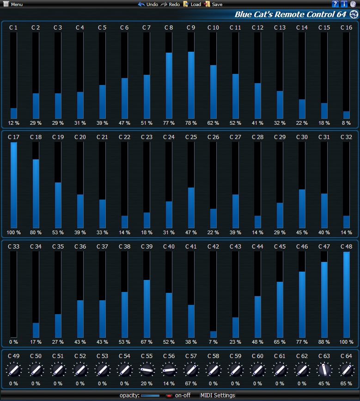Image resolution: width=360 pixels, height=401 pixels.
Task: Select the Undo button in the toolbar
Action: [x=148, y=4]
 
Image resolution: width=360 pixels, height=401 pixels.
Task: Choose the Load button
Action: [x=192, y=4]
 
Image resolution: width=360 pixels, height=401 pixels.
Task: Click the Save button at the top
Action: [x=214, y=4]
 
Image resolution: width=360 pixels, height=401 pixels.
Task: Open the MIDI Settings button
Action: [x=218, y=395]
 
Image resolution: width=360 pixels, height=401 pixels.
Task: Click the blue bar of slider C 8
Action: [x=169, y=85]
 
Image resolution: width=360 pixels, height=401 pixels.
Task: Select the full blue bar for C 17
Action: [x=13, y=185]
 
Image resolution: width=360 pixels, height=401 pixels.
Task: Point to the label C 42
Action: [x=213, y=247]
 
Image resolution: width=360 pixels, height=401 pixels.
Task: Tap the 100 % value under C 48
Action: [x=346, y=342]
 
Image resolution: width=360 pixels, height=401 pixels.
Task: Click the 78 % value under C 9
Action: [x=191, y=123]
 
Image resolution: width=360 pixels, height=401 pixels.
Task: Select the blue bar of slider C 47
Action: [x=324, y=299]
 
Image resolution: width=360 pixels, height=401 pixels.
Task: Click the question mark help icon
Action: [x=336, y=4]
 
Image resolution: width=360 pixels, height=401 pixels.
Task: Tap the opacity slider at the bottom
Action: [x=150, y=395]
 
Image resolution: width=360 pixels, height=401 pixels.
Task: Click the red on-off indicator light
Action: [x=169, y=395]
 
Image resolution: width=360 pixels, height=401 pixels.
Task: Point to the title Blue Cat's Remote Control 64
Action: [x=290, y=14]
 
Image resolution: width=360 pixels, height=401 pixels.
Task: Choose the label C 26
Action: [x=213, y=137]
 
